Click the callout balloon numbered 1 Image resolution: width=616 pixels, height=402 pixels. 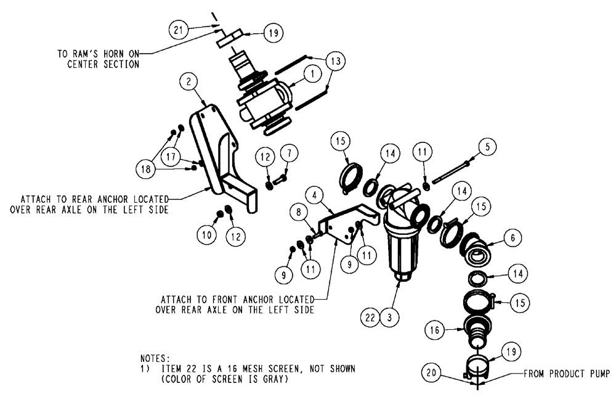312,73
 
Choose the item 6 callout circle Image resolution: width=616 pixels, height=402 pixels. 512,237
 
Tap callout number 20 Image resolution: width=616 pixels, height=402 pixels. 431,373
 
